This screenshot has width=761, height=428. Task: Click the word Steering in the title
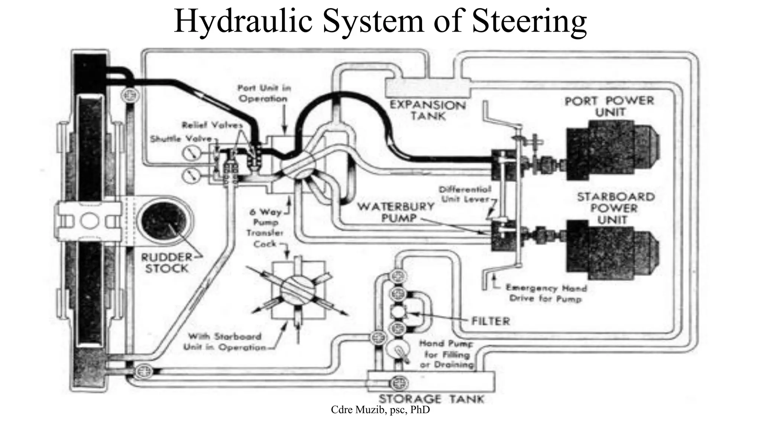click(530, 21)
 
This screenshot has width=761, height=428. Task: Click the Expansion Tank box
click(428, 88)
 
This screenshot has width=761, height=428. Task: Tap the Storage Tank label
click(431, 399)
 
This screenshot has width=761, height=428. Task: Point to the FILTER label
click(490, 321)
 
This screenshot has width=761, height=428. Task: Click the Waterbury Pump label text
click(396, 212)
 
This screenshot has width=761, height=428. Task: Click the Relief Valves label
click(212, 125)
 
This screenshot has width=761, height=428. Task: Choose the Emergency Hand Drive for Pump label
click(546, 293)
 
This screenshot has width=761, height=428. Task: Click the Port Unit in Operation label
click(263, 93)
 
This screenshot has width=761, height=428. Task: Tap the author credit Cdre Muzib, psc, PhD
click(380, 410)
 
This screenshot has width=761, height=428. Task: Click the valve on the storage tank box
click(398, 383)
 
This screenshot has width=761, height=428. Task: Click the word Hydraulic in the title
click(243, 21)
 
